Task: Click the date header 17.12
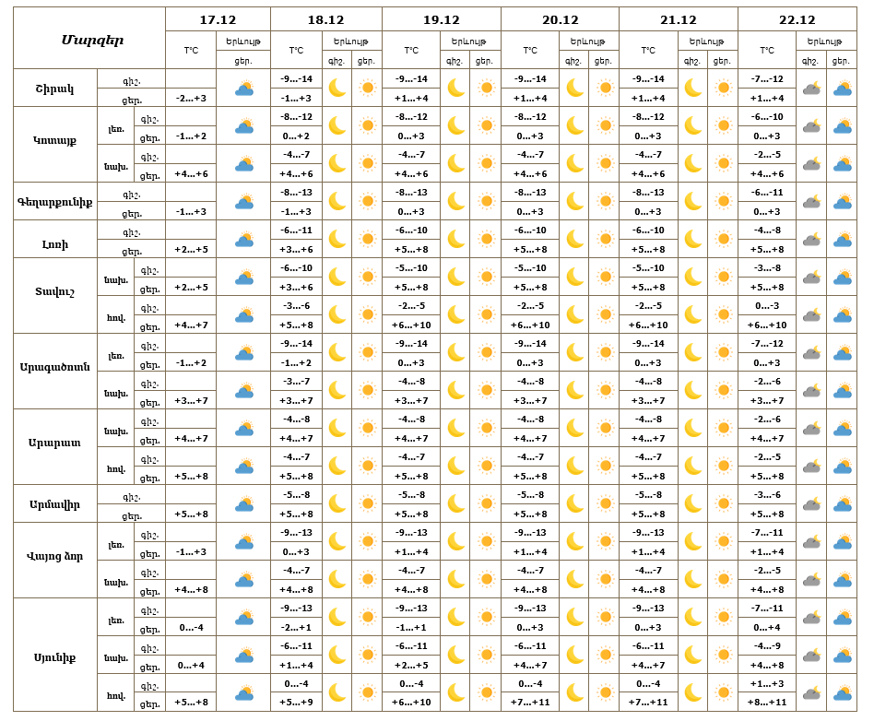point(218,19)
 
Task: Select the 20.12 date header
point(560,19)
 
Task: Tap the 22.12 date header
point(797,19)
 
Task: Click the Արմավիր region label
point(54,504)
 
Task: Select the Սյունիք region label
point(54,656)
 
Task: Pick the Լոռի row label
point(54,240)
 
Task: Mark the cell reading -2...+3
point(192,98)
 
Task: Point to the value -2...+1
point(296,627)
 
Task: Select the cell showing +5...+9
point(296,703)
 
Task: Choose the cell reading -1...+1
point(411,627)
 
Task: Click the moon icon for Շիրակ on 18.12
point(337,89)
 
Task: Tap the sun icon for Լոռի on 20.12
point(605,240)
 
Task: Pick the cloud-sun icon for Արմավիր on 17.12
point(244,504)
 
